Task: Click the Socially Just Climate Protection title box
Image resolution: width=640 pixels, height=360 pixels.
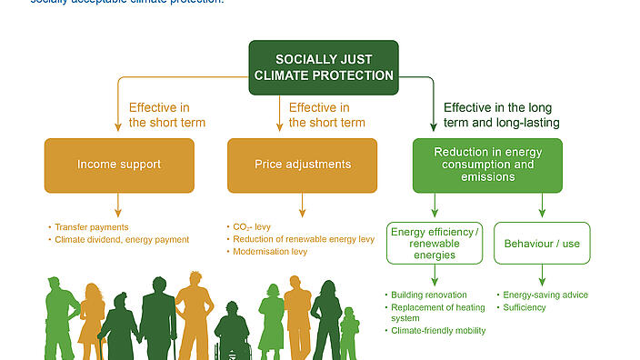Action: [323, 67]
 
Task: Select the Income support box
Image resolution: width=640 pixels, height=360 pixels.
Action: [119, 165]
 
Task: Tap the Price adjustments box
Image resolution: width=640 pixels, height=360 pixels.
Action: [302, 165]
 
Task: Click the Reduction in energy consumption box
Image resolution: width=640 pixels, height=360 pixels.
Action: [487, 165]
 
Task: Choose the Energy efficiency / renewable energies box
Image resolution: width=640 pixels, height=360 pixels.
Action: [434, 244]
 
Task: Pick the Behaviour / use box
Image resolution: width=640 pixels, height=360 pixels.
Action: [542, 244]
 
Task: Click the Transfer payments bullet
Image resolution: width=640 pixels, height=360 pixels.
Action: [91, 226]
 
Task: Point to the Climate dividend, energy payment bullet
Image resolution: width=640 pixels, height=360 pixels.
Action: [121, 239]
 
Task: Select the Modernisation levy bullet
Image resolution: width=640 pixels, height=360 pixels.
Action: [270, 252]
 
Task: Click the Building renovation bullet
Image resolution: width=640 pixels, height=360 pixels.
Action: [428, 295]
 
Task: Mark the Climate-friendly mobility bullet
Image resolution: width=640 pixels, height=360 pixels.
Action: [437, 331]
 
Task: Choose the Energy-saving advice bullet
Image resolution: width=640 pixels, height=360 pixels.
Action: [544, 295]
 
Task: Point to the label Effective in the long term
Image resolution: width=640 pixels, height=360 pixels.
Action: [501, 115]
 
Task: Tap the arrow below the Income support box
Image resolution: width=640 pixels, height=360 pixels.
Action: [119, 205]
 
